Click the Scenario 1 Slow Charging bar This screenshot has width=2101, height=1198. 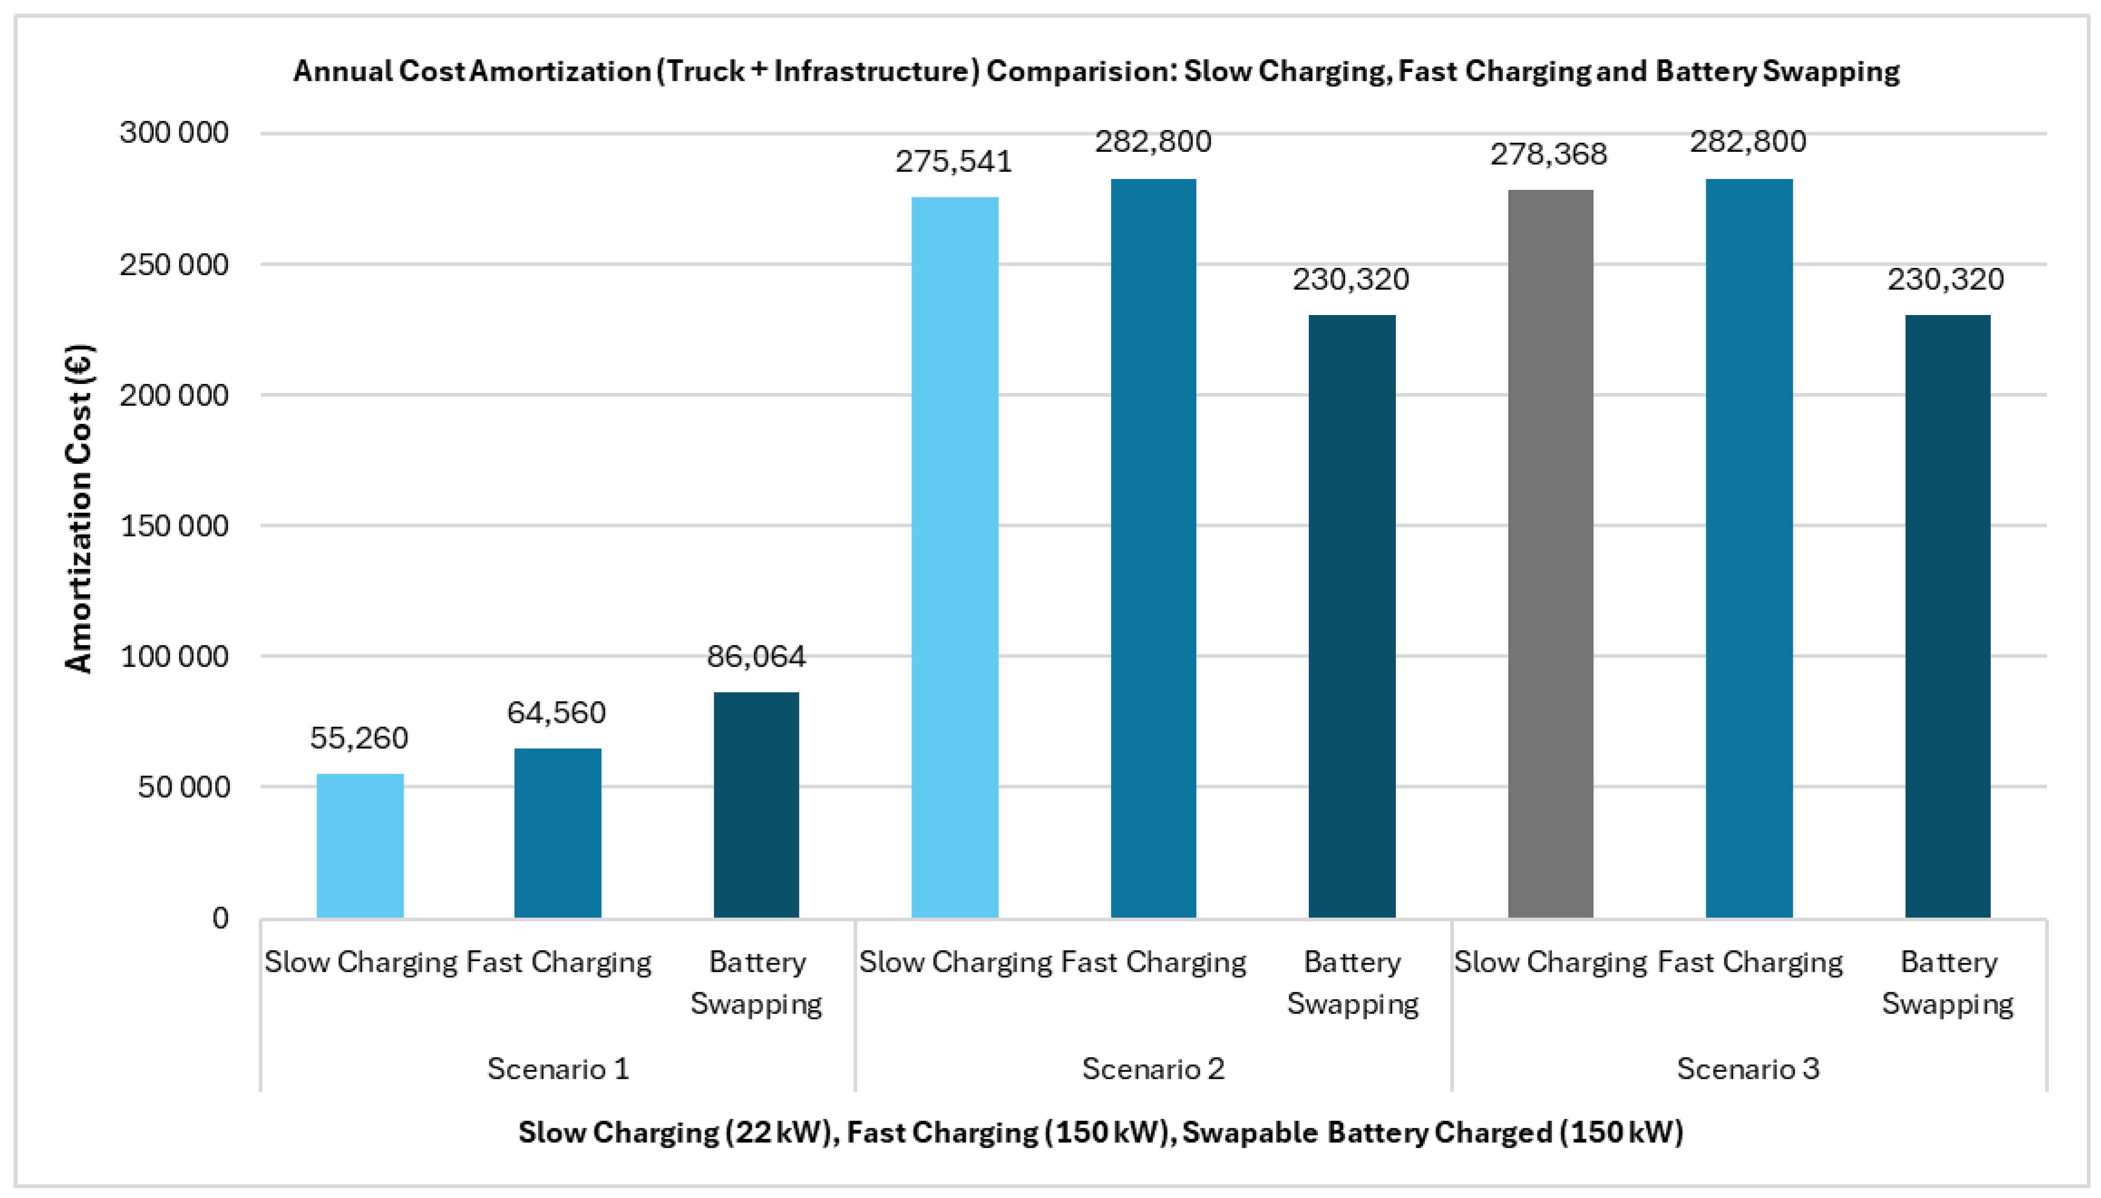click(360, 846)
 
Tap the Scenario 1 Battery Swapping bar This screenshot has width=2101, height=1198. click(756, 805)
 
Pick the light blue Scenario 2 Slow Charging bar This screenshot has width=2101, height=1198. click(955, 557)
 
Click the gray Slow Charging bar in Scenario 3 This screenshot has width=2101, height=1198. click(1551, 554)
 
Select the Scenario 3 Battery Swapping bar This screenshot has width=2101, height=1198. click(1948, 616)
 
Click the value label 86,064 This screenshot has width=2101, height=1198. click(756, 657)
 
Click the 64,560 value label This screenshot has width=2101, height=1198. click(557, 713)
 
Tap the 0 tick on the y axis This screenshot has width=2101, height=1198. click(220, 918)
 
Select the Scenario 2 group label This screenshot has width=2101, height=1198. click(1153, 1069)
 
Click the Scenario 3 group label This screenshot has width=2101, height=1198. click(1748, 1069)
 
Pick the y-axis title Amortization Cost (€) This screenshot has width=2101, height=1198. click(80, 509)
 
